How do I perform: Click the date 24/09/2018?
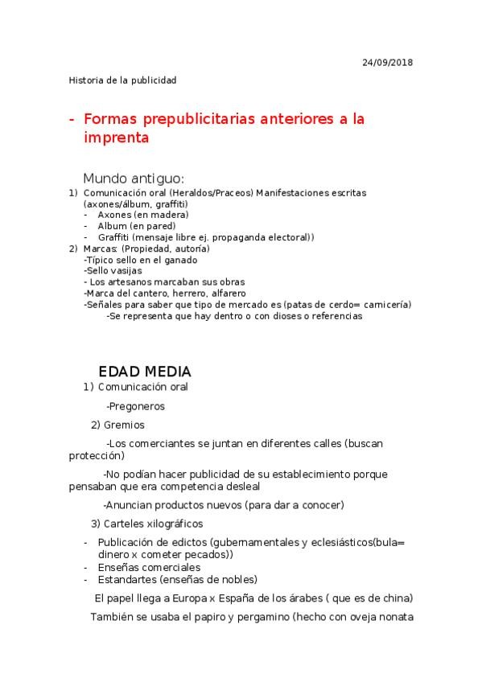pos(388,62)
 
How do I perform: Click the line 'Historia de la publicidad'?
pos(122,80)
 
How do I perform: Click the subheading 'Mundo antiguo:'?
pos(134,178)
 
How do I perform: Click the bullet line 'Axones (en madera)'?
pos(142,215)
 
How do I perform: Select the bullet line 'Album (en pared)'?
pos(137,226)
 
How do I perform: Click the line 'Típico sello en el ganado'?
pos(141,260)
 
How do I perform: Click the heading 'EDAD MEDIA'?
pos(145,372)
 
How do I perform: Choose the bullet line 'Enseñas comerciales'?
pos(149,567)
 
